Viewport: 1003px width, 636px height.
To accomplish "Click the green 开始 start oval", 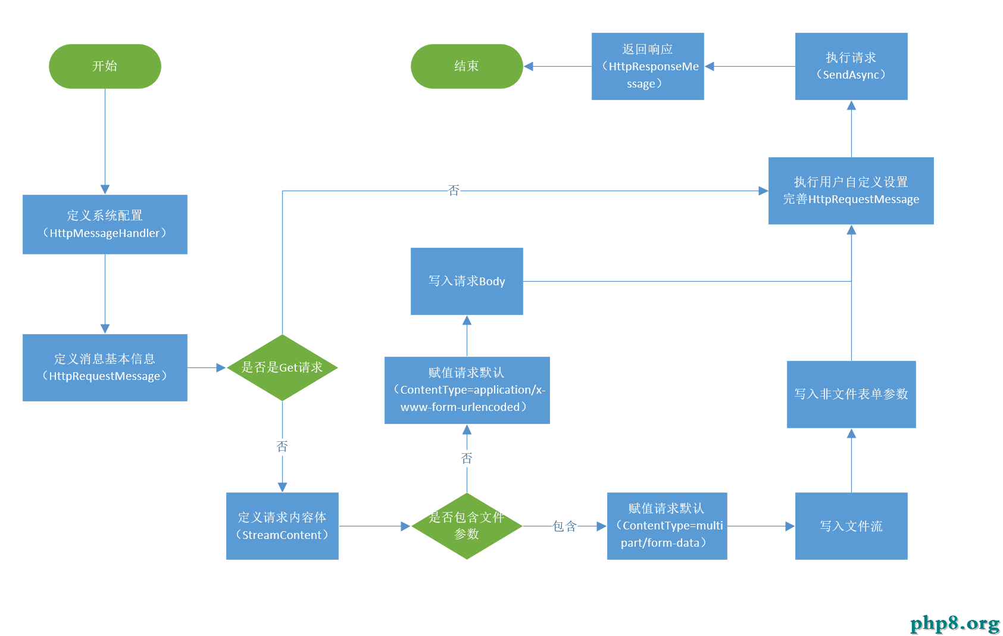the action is tap(105, 66).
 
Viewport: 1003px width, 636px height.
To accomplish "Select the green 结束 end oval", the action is tap(467, 66).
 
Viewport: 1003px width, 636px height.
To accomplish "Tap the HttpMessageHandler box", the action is tap(105, 225).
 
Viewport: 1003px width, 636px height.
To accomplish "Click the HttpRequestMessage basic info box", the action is tap(105, 367).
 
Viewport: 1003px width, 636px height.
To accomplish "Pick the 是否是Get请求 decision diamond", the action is tap(282, 367).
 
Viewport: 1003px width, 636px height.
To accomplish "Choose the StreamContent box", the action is tap(282, 526).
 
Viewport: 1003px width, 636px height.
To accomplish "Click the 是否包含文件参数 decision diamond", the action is tap(467, 526).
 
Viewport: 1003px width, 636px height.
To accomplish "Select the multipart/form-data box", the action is tap(667, 526).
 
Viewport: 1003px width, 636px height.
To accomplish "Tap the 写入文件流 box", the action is tap(851, 526).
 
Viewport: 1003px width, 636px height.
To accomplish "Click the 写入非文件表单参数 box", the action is tap(851, 395).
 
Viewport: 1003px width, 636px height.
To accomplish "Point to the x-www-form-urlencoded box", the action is tap(467, 390).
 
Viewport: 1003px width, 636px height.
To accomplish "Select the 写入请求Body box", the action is tap(467, 281).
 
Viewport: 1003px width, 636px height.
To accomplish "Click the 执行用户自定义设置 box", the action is tap(851, 191).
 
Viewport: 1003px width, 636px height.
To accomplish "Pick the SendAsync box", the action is tap(851, 66).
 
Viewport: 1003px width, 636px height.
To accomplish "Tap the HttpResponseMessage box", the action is tap(648, 66).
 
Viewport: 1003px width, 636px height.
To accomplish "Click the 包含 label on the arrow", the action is tap(565, 526).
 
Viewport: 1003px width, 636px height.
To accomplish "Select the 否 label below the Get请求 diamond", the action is tap(282, 446).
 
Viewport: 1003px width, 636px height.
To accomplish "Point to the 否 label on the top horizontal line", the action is tap(454, 191).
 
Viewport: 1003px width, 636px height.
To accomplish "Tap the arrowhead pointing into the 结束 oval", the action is tap(529, 66).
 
